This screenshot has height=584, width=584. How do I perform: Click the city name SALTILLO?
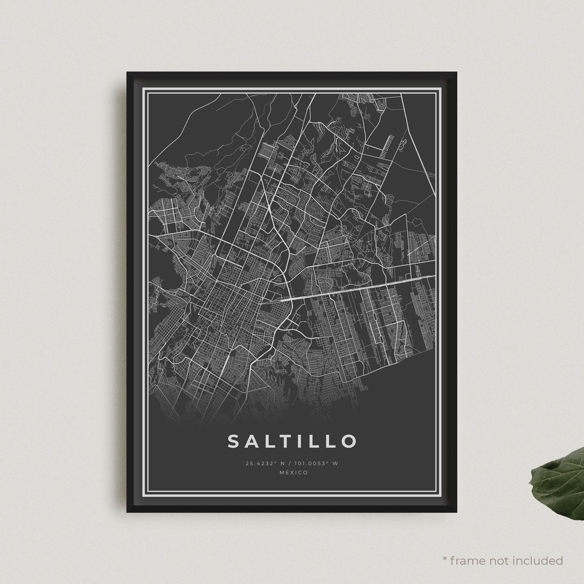point(292,441)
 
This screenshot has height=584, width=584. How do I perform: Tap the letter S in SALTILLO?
point(234,441)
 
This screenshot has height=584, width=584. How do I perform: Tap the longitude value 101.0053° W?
point(316,463)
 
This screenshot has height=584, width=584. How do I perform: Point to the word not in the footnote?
point(500,560)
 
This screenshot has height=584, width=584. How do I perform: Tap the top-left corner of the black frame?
point(128,73)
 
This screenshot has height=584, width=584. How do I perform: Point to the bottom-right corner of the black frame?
point(456,511)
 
